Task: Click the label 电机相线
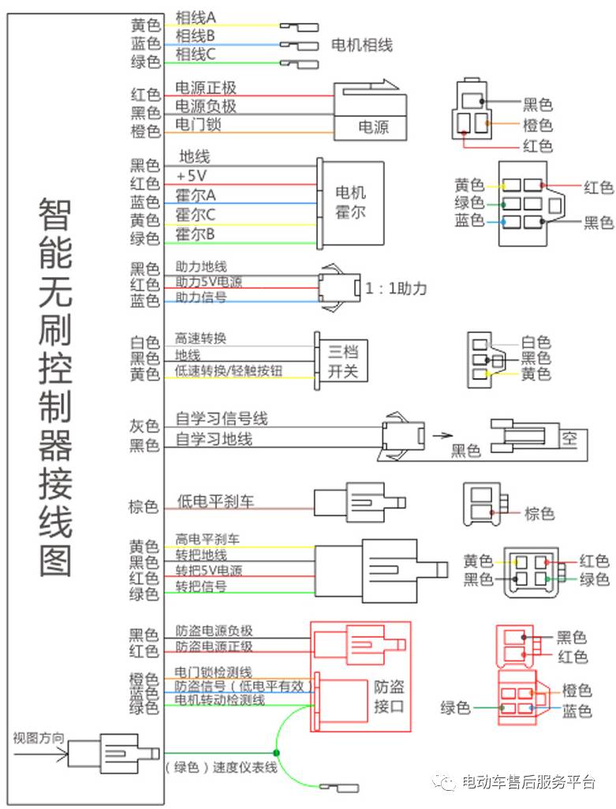(x=361, y=45)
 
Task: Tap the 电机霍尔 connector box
(x=351, y=201)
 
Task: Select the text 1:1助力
(x=395, y=289)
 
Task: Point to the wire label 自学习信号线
(x=222, y=418)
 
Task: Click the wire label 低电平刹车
(x=215, y=501)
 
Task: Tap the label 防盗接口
(x=388, y=695)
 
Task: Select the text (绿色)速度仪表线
(x=221, y=767)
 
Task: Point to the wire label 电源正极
(x=205, y=88)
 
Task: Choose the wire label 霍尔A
(x=196, y=194)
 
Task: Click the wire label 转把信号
(x=201, y=586)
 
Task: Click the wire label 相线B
(x=195, y=36)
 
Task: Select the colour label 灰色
(x=144, y=426)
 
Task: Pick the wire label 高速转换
(x=200, y=339)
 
